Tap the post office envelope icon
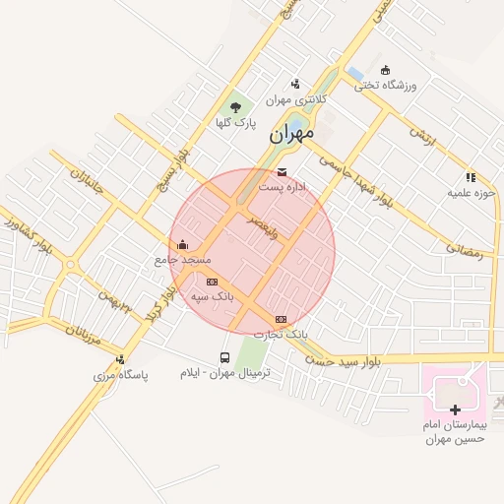point(283,172)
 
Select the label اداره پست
point(283,186)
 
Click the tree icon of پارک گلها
point(235,107)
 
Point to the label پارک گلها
point(236,123)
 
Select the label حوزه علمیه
point(470,193)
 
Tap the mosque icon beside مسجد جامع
point(183,244)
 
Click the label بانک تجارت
point(282,334)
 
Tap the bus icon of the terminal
point(223,358)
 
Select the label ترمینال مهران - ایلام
point(224,374)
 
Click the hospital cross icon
point(455,409)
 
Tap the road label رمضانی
point(466,251)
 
